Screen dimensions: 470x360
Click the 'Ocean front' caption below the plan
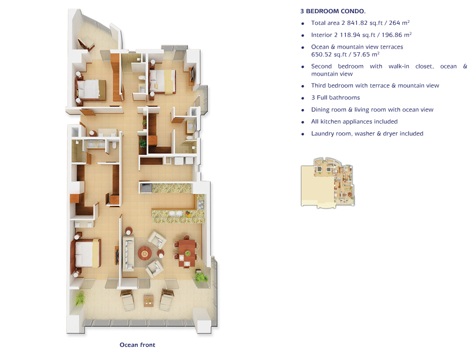[137, 345]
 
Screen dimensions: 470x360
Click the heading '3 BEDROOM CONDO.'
[333, 11]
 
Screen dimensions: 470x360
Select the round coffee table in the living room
[145, 254]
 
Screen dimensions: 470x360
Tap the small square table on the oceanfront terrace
[149, 300]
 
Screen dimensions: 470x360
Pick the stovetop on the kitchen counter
[201, 204]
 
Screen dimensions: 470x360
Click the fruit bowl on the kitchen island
[188, 214]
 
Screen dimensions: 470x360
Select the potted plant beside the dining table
[201, 277]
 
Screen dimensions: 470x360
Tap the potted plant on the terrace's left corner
[80, 298]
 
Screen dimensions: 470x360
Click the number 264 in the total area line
[394, 23]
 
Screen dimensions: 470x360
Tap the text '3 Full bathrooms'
[336, 97]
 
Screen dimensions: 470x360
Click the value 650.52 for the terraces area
[321, 55]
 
